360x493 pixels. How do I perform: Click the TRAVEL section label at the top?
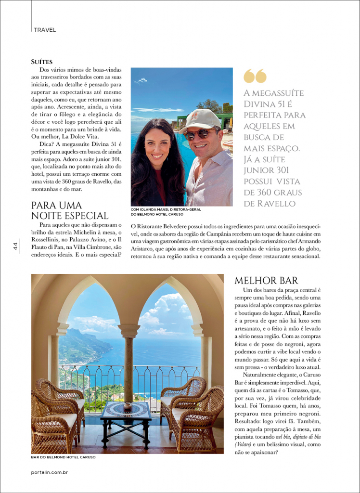[x=45, y=30]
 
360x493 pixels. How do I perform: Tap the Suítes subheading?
[x=41, y=62]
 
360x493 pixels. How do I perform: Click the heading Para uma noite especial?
[x=70, y=210]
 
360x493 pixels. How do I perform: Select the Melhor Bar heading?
[x=266, y=281]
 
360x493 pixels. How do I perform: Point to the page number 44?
[x=16, y=246]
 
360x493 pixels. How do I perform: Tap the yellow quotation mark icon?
[x=255, y=76]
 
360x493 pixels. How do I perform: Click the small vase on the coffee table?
[x=128, y=406]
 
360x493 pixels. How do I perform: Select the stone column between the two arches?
[x=129, y=366]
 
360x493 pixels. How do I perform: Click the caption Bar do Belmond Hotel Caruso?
[x=63, y=457]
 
